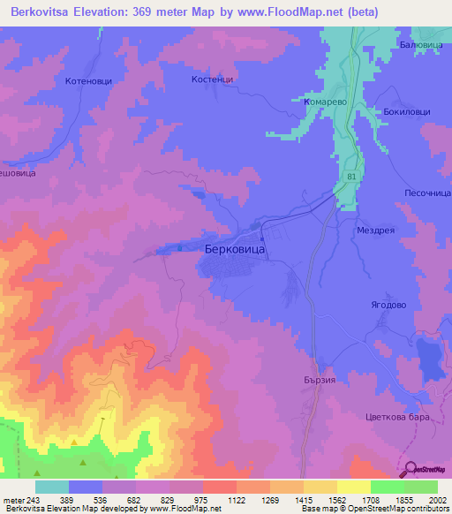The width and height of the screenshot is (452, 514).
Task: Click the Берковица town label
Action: (x=234, y=249)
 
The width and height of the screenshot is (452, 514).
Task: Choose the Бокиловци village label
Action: (x=408, y=113)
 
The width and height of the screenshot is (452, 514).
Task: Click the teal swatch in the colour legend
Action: (x=52, y=487)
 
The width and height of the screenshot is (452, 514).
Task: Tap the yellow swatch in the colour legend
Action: (x=354, y=487)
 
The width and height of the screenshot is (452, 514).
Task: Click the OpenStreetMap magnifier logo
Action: (x=409, y=472)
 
